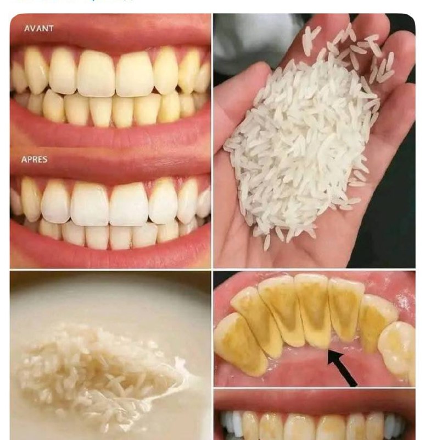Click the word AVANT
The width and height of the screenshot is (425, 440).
point(38,29)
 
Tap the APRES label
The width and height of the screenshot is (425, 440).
point(34,159)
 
